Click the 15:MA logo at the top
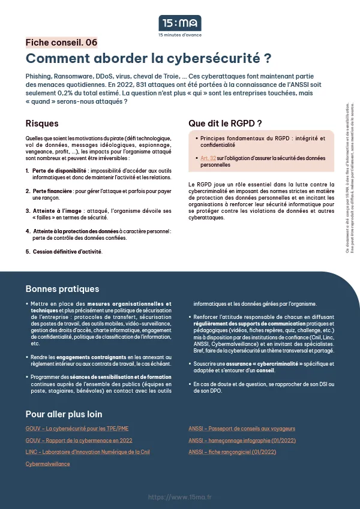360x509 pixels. (x=179, y=23)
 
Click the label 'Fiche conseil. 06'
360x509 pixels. (x=61, y=43)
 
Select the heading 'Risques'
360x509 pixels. (x=42, y=124)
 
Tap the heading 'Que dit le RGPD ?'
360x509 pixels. (x=225, y=124)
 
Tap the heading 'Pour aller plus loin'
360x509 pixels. (x=64, y=414)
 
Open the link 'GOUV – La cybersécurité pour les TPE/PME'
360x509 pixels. (x=77, y=429)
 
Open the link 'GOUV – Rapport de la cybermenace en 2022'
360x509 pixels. (x=79, y=440)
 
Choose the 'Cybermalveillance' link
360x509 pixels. (x=47, y=463)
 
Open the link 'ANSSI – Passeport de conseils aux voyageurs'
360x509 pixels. (x=242, y=429)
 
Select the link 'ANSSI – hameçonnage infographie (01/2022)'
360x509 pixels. (x=241, y=440)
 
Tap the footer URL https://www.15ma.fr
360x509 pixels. (x=179, y=497)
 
